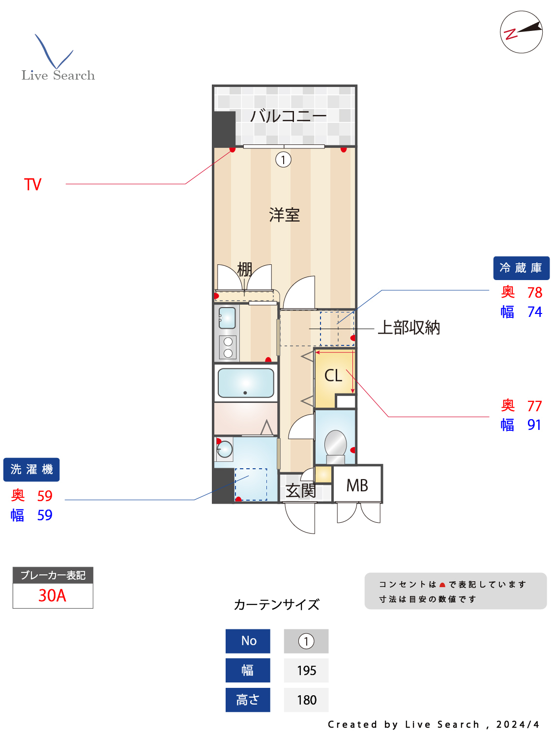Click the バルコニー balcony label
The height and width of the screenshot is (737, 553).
288,116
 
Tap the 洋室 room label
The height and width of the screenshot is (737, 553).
284,215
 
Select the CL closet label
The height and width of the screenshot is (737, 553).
333,376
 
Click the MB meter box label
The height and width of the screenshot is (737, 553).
357,485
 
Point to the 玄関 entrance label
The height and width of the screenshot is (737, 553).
300,490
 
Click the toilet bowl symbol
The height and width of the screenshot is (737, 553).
336,444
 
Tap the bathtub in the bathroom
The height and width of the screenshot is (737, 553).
246,383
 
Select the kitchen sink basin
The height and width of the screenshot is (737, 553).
227,318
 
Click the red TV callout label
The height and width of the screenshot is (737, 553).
33,185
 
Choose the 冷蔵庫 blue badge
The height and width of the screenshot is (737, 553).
521,268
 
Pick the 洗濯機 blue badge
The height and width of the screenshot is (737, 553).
31,470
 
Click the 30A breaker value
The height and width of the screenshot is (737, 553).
52,595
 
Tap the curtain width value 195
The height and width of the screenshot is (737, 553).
306,671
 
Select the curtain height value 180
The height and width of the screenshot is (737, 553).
306,700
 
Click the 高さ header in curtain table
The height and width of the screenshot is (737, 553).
248,700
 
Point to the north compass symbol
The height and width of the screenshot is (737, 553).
521,32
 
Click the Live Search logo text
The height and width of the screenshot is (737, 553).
58,75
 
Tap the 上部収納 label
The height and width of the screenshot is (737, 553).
408,328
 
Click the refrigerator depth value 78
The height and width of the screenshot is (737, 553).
534,292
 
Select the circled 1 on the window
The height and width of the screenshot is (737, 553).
283,160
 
